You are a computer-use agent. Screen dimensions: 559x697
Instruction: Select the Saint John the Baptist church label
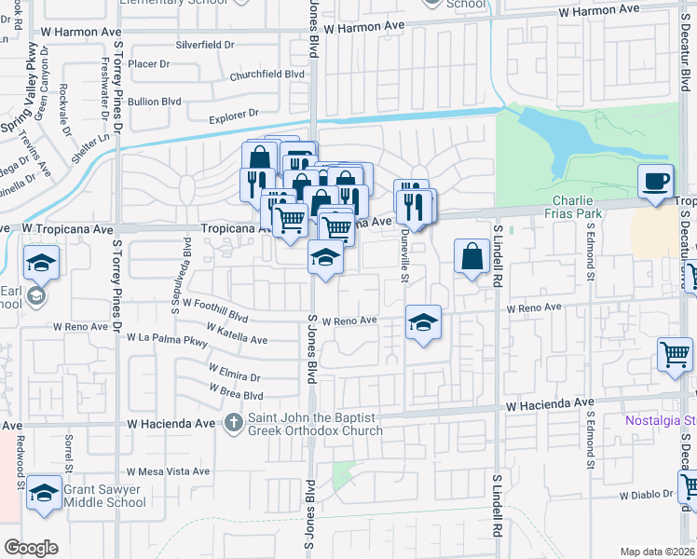(315, 424)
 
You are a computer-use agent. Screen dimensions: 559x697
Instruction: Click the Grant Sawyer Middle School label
(105, 494)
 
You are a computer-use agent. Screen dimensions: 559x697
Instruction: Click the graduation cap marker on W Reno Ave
(423, 323)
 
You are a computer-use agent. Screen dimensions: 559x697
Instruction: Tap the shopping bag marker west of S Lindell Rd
(472, 255)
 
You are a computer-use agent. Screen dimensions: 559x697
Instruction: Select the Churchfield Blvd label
(267, 74)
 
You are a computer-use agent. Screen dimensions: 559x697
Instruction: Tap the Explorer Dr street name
(233, 116)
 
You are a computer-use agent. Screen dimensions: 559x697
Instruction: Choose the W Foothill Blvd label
(215, 304)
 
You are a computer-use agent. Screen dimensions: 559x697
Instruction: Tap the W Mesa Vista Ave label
(169, 471)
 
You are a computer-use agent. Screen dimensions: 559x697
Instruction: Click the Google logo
(31, 548)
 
